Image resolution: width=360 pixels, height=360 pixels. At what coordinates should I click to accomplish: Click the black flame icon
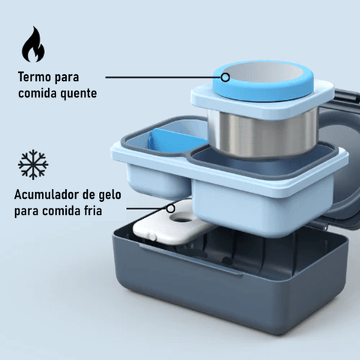(33, 45)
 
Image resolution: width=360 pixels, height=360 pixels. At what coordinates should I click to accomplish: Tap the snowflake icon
(33, 165)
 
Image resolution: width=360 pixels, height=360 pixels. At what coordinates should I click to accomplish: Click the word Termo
(34, 76)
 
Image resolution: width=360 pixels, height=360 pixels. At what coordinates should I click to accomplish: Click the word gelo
(109, 194)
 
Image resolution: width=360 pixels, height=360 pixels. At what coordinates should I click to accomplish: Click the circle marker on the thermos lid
(226, 77)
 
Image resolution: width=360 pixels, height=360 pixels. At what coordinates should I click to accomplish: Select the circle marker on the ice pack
(171, 208)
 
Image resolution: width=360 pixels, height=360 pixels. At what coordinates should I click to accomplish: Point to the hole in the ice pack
(183, 219)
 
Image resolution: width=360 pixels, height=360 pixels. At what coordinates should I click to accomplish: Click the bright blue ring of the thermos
(263, 95)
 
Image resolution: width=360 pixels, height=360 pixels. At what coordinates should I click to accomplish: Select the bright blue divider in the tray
(175, 141)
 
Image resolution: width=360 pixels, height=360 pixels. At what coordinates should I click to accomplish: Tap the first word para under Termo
(67, 77)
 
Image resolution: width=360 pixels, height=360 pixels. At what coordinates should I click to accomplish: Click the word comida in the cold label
(59, 211)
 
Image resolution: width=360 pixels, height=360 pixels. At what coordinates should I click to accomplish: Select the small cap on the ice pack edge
(151, 236)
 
